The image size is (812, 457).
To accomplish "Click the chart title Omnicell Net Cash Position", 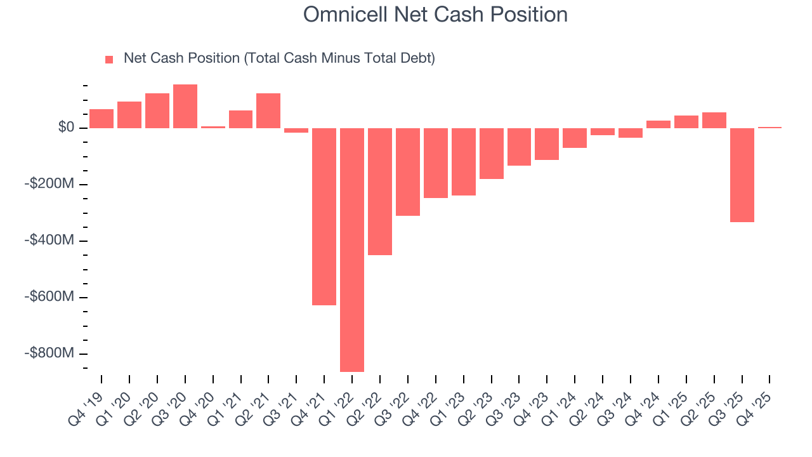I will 435,14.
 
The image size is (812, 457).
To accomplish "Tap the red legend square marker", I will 109,60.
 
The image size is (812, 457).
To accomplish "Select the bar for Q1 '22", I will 352,249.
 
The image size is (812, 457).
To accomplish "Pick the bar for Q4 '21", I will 324,216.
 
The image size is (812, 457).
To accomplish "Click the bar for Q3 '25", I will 742,175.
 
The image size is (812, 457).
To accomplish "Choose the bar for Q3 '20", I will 185,107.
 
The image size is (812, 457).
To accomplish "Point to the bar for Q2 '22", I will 380,191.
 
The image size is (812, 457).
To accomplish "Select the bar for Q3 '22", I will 408,172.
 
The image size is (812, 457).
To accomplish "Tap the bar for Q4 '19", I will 101,119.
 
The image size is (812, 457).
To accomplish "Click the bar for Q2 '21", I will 268,111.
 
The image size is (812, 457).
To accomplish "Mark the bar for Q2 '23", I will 491,154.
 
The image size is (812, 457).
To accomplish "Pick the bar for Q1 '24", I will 575,138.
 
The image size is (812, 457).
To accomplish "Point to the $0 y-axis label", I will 67,128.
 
